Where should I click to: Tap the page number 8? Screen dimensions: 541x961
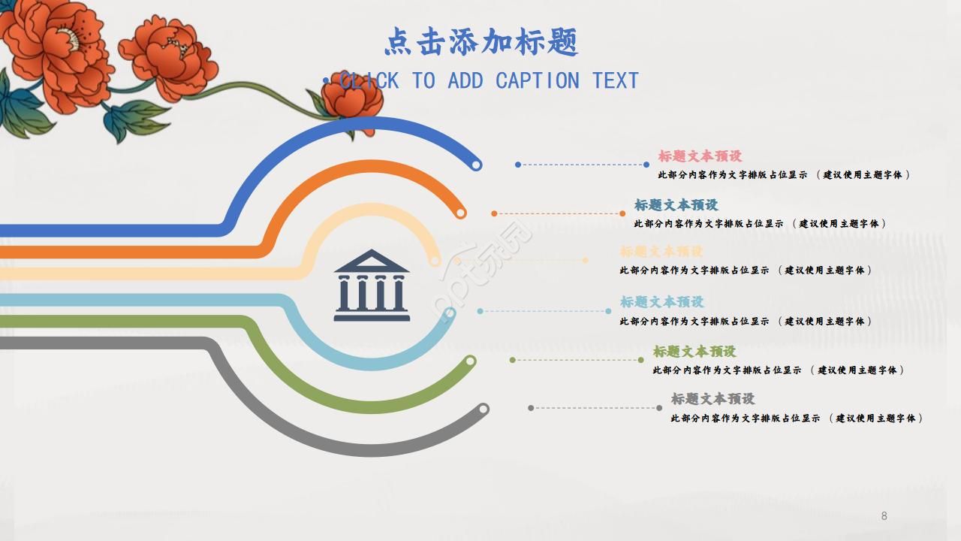884,515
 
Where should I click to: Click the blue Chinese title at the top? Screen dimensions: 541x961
481,42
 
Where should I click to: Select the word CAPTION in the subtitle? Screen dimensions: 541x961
537,80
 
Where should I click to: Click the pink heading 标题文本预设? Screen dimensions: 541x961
700,156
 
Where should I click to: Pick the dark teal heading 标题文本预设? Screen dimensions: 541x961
676,205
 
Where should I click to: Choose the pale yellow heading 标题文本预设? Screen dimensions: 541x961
661,252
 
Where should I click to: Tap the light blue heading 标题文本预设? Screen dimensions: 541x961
661,302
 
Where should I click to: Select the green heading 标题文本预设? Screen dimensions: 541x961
694,352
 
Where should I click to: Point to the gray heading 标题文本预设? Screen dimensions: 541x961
712,399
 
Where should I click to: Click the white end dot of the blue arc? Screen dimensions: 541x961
475,165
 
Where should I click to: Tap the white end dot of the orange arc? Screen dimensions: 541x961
461,213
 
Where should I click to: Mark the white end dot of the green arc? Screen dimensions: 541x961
470,361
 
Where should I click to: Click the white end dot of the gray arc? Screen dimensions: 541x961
484,410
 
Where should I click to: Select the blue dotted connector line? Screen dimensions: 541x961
582,165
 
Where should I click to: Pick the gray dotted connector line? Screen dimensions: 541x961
595,408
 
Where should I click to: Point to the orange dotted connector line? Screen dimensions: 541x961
558,213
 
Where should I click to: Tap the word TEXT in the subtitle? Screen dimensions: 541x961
615,80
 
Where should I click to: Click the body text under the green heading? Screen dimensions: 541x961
778,370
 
